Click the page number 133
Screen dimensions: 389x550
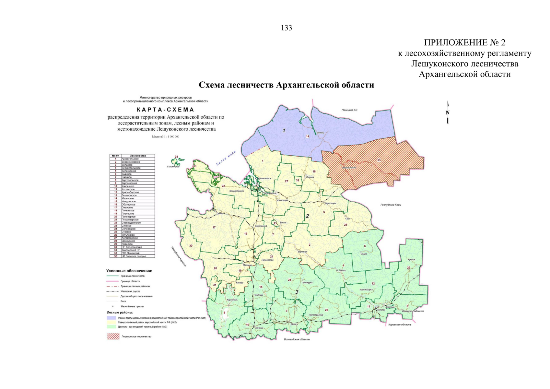pyautogui.click(x=287, y=28)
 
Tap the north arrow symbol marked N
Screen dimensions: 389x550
pyautogui.click(x=448, y=113)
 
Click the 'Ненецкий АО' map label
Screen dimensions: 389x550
pyautogui.click(x=349, y=110)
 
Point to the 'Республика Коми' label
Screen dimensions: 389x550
pyautogui.click(x=391, y=205)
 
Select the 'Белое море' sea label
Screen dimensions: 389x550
pyautogui.click(x=226, y=158)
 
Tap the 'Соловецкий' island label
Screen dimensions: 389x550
pyautogui.click(x=173, y=167)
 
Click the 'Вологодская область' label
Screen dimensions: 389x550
pyautogui.click(x=297, y=339)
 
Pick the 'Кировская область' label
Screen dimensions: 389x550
pyautogui.click(x=400, y=324)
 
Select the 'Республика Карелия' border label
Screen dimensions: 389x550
pyautogui.click(x=179, y=256)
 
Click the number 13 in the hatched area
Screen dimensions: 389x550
pyautogui.click(x=379, y=160)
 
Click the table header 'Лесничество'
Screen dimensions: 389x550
pyautogui.click(x=138, y=156)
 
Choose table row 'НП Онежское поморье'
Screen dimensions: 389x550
pyautogui.click(x=134, y=256)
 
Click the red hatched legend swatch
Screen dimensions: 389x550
pyautogui.click(x=113, y=336)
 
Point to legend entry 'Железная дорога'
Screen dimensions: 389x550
pyautogui.click(x=131, y=291)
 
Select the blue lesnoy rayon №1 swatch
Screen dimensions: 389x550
pyautogui.click(x=111, y=318)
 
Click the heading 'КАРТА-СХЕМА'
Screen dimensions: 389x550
pyautogui.click(x=165, y=110)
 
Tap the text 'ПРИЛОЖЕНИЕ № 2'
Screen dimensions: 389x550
pyautogui.click(x=464, y=42)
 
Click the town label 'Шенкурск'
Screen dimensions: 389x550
pyautogui.click(x=307, y=282)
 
